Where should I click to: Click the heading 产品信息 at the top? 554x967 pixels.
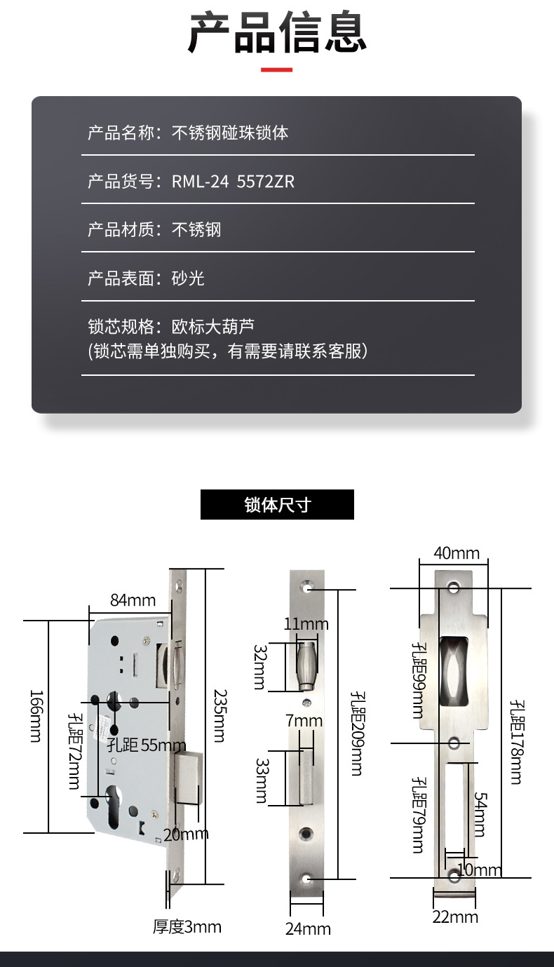point(277,33)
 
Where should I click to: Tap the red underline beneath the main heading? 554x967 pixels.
point(277,69)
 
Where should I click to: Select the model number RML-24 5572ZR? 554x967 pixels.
point(234,182)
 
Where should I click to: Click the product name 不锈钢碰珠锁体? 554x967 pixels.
point(230,133)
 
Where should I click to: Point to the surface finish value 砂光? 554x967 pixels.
point(188,278)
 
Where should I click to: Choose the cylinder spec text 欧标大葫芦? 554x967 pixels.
point(213,326)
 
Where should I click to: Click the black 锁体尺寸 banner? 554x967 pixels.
point(277,504)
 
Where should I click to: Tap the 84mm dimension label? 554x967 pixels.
point(133,600)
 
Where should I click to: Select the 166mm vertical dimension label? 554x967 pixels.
point(36,716)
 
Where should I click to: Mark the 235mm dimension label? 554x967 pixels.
point(221,716)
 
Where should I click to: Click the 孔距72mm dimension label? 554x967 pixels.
point(74,751)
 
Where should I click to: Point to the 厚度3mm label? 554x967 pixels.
point(187,927)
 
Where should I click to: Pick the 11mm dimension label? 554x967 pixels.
point(306,624)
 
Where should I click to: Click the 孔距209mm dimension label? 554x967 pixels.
point(358,733)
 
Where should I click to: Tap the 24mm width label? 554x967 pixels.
point(308,928)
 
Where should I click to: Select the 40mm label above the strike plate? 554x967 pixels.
point(457,553)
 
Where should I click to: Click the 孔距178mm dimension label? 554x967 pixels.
point(516,742)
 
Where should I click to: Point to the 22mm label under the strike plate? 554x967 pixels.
point(456,917)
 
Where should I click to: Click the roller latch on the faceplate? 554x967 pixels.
point(306,666)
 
